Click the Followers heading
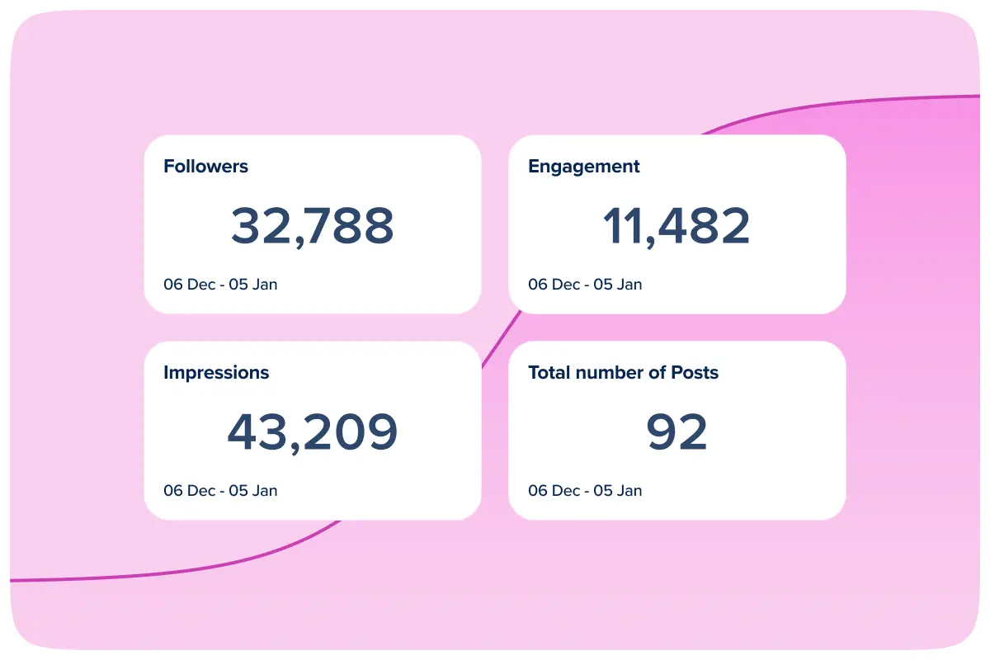pyautogui.click(x=205, y=167)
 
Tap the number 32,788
pyautogui.click(x=312, y=226)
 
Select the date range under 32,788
pyautogui.click(x=220, y=285)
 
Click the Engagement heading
pyautogui.click(x=583, y=167)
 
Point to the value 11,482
pyautogui.click(x=676, y=226)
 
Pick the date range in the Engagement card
pyautogui.click(x=585, y=285)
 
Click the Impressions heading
pyautogui.click(x=216, y=373)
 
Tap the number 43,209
pyautogui.click(x=312, y=432)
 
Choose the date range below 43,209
pyautogui.click(x=220, y=491)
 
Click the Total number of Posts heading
pyautogui.click(x=623, y=373)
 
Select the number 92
pyautogui.click(x=676, y=432)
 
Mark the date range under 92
pyautogui.click(x=585, y=491)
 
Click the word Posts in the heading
pyautogui.click(x=695, y=373)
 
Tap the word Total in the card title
pyautogui.click(x=549, y=373)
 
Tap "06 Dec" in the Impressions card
pyautogui.click(x=189, y=491)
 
